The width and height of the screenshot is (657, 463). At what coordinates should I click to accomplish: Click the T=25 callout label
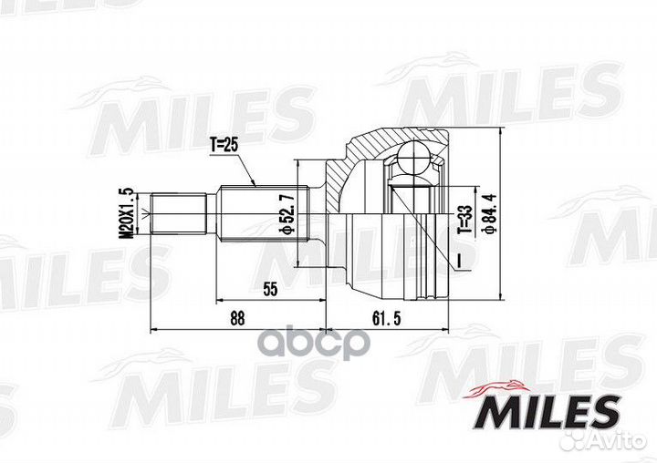tap(224, 145)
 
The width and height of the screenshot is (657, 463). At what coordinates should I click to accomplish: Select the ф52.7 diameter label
tap(289, 211)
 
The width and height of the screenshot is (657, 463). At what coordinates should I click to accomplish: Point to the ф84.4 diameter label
tap(491, 211)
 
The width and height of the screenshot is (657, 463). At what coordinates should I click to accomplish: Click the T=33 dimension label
tap(464, 220)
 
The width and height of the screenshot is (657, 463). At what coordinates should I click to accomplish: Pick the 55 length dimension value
tap(270, 289)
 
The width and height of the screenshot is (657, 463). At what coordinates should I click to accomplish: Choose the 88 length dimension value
tap(237, 319)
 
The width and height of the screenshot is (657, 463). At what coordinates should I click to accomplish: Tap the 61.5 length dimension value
tap(386, 319)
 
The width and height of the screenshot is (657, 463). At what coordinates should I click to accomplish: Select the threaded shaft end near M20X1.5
tap(179, 213)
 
